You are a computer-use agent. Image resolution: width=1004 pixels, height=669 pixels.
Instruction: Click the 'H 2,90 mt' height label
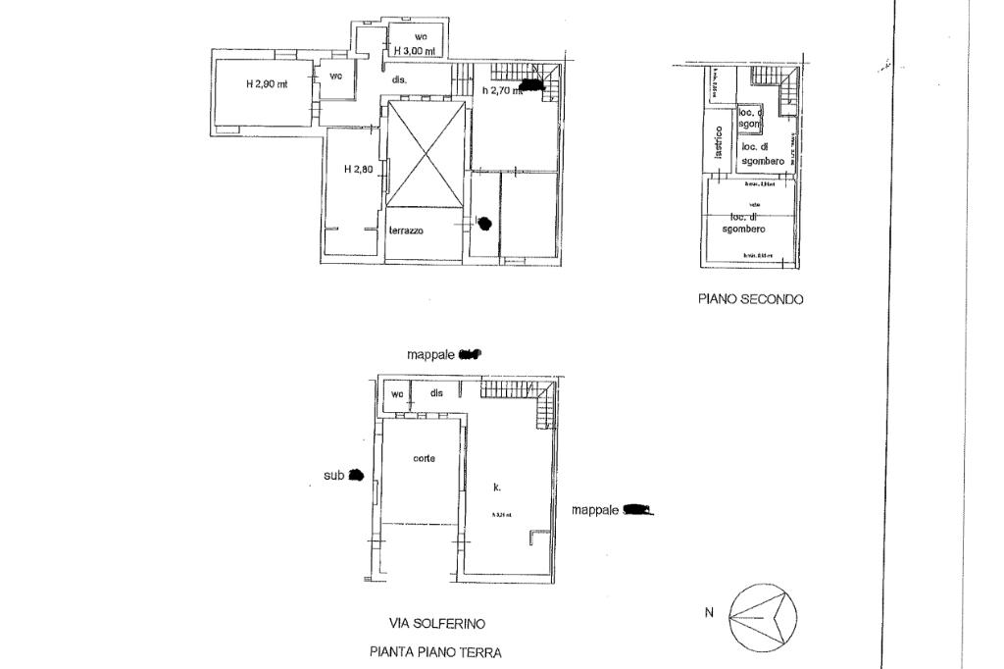(x=266, y=84)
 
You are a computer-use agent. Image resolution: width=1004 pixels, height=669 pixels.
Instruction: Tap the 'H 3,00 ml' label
(x=414, y=51)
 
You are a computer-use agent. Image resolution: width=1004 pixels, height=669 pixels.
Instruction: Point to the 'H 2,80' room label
(x=358, y=169)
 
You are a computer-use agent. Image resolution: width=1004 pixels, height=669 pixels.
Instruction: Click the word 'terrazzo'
(x=405, y=231)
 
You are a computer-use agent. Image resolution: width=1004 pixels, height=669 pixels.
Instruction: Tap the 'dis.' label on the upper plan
(x=399, y=79)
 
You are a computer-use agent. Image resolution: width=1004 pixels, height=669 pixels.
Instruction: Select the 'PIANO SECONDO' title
(x=750, y=300)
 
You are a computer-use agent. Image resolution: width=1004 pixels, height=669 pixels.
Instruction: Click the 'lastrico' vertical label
(x=718, y=141)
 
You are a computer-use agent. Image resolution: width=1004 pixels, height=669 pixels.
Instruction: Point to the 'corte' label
(x=424, y=458)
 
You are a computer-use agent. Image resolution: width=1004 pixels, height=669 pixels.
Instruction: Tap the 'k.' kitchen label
(x=496, y=487)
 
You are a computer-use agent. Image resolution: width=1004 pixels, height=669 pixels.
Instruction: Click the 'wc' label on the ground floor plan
(x=397, y=393)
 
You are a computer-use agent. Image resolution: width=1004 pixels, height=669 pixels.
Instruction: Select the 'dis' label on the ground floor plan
(x=436, y=393)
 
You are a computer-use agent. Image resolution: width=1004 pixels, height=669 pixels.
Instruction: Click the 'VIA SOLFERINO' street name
(x=436, y=623)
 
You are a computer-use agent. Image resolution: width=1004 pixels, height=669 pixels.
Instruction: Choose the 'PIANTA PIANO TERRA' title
(x=436, y=650)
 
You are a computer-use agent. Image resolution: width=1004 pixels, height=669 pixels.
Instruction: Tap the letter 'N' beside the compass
(x=708, y=614)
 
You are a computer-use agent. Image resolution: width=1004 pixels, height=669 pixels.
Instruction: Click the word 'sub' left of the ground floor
(x=333, y=476)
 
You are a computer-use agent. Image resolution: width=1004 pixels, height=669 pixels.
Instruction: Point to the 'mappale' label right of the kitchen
(x=596, y=510)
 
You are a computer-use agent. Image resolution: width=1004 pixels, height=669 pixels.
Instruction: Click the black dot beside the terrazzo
(x=483, y=224)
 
